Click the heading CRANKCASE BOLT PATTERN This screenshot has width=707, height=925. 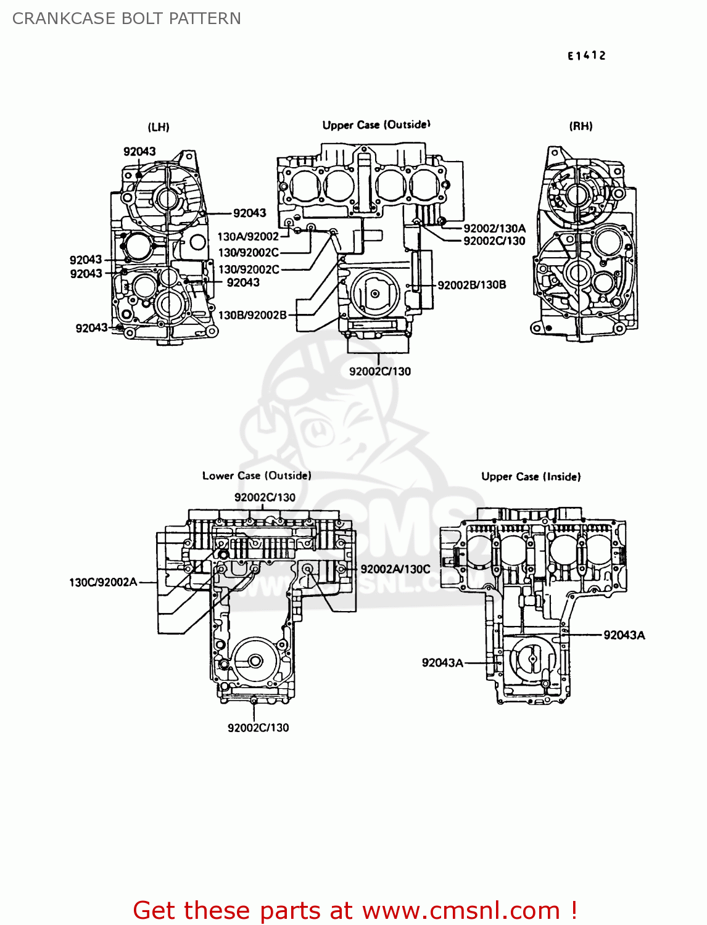(x=126, y=18)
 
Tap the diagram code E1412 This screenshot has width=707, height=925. (x=587, y=55)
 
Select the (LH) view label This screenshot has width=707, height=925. (x=159, y=127)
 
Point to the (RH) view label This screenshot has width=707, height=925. (x=581, y=126)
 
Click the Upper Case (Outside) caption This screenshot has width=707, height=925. (x=376, y=125)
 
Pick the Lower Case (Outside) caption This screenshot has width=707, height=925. (x=257, y=475)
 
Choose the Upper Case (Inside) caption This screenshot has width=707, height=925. (x=531, y=477)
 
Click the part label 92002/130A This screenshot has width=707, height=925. (x=494, y=228)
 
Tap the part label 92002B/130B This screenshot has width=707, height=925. (x=472, y=284)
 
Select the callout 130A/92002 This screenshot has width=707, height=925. (x=248, y=236)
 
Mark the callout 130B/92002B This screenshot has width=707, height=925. (x=252, y=315)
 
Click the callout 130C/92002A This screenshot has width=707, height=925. (x=103, y=582)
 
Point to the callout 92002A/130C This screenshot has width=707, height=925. (x=395, y=569)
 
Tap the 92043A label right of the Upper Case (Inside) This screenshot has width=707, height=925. (x=624, y=635)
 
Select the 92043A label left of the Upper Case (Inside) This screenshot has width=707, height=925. (x=442, y=663)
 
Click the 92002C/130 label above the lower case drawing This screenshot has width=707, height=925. (x=265, y=497)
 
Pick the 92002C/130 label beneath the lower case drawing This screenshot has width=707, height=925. (x=258, y=728)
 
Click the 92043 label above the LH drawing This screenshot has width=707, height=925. (x=139, y=152)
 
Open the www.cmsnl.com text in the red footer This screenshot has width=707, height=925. (x=461, y=910)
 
